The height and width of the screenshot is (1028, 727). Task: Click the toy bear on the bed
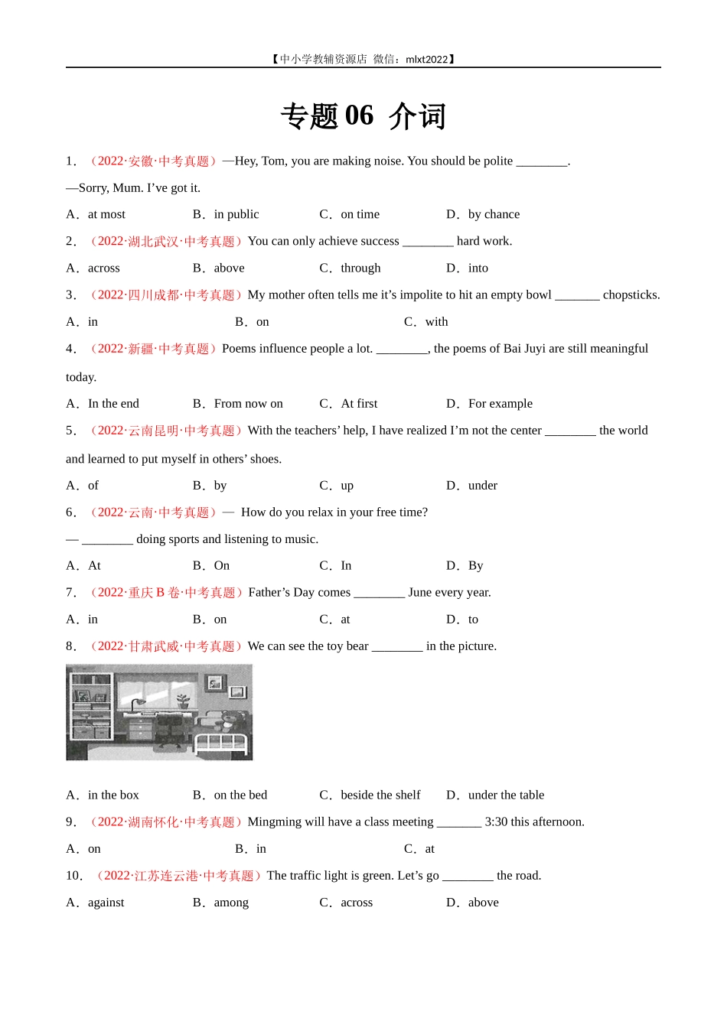(x=233, y=721)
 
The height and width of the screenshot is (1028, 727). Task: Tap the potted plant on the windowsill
(x=183, y=700)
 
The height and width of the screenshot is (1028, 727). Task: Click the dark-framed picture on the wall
(x=238, y=691)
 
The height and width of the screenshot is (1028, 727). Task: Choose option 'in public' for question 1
(x=236, y=214)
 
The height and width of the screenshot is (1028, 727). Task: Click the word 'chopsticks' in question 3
(x=631, y=294)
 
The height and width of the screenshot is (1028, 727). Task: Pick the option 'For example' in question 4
(x=500, y=403)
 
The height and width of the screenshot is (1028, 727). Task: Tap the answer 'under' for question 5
(x=482, y=485)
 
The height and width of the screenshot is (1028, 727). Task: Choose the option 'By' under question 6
(x=475, y=565)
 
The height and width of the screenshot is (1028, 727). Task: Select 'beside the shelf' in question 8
(x=380, y=795)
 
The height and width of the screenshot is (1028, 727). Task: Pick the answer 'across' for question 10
(x=357, y=902)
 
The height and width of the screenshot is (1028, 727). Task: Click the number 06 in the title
(x=359, y=115)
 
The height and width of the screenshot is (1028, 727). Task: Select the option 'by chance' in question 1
(x=494, y=214)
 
